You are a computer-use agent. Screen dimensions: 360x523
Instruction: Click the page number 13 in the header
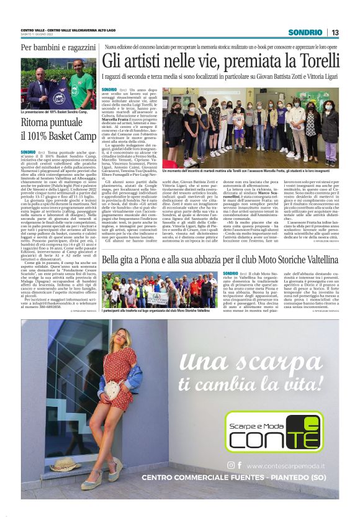335,32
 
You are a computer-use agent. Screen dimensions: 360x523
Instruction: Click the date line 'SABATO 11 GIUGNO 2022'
38,35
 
